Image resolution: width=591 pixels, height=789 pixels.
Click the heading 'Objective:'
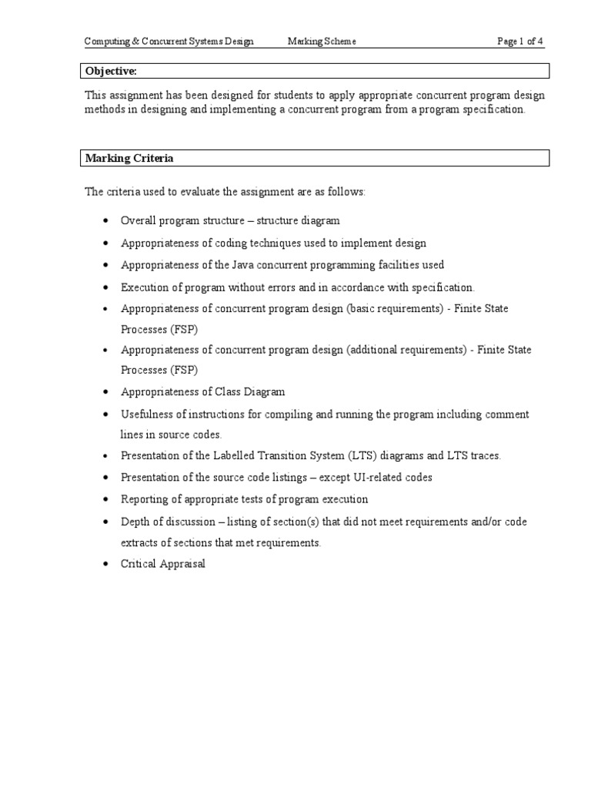pos(111,71)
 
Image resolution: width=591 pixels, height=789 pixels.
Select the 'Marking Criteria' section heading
pos(129,158)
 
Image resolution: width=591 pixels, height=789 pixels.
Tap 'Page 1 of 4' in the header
pos(520,42)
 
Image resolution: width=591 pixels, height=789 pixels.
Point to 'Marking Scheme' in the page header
pos(322,42)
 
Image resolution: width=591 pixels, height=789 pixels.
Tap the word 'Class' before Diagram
pos(234,391)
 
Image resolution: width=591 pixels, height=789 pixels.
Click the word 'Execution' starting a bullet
pos(143,287)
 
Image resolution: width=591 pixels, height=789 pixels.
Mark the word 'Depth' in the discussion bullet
pos(135,522)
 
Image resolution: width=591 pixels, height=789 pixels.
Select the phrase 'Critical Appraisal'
pos(163,563)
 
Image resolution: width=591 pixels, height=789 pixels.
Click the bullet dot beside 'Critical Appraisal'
pos(105,564)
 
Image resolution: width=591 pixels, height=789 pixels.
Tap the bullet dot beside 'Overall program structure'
pos(105,221)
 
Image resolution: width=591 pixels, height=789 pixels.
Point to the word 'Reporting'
pos(143,499)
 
